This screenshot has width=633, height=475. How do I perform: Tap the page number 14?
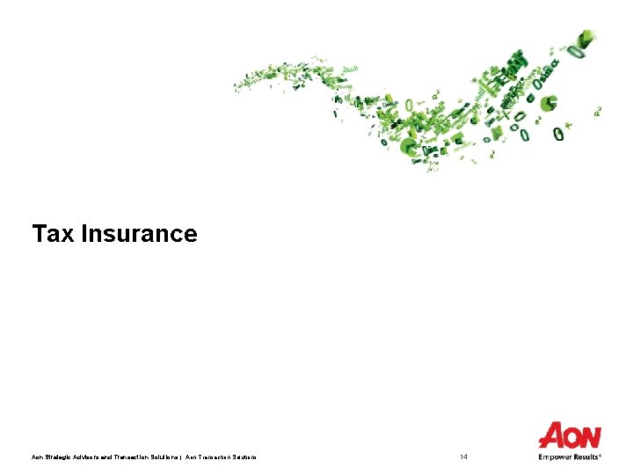pos(464,457)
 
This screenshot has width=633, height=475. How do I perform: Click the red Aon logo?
pos(570,436)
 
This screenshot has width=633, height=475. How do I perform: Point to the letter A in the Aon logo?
pos(550,436)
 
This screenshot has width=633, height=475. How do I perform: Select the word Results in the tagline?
pos(586,457)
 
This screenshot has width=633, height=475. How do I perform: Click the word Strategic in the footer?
pos(59,457)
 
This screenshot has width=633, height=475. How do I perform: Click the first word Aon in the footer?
pos(37,457)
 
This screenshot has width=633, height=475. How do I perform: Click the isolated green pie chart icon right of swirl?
pos(549,105)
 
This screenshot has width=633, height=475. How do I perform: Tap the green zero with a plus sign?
pos(560,134)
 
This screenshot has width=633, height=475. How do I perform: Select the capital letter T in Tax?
pos(39,234)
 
